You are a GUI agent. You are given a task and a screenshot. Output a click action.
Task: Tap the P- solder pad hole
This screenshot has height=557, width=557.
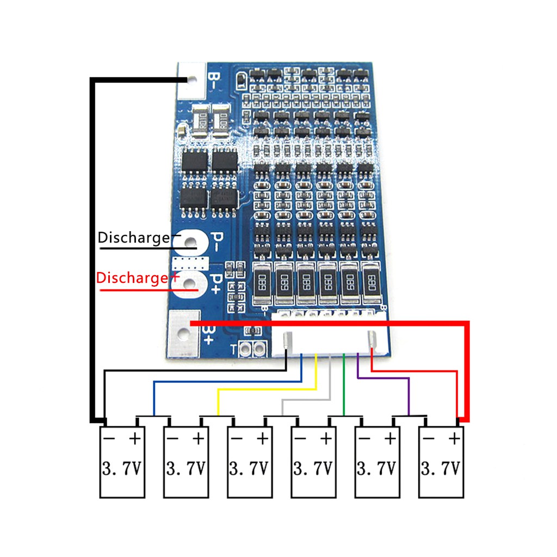click(191, 242)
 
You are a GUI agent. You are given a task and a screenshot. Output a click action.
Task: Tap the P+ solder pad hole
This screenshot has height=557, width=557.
click(191, 283)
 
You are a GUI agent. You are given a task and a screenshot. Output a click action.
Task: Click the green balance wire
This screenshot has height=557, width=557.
click(344, 386)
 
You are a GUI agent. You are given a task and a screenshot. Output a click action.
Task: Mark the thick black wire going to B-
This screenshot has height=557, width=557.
click(92, 245)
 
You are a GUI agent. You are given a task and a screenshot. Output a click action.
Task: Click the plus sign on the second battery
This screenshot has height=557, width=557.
click(199, 438)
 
